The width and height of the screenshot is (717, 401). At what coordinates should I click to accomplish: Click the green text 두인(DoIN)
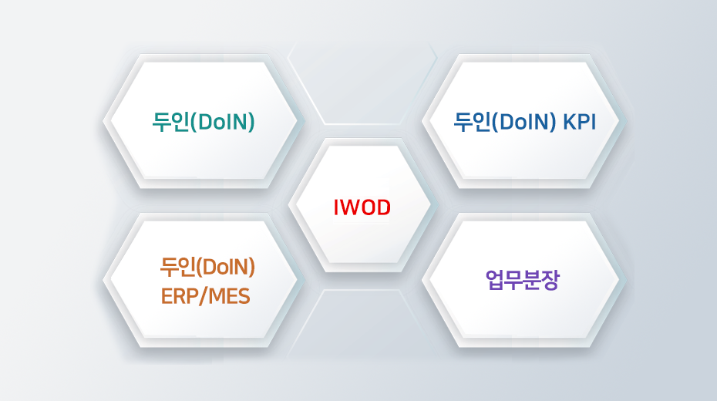(x=204, y=122)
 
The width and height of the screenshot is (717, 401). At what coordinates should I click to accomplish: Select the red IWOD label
(x=362, y=207)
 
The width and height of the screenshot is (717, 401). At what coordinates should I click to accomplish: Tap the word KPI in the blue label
(x=579, y=122)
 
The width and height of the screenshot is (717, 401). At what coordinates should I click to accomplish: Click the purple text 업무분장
(x=522, y=280)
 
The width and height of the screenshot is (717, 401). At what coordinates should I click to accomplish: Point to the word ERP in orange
(x=180, y=297)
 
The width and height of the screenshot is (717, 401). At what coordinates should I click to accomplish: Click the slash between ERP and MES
(x=204, y=297)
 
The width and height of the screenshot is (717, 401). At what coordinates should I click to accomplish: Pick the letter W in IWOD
(x=350, y=207)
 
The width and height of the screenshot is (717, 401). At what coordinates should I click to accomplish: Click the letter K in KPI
(x=570, y=122)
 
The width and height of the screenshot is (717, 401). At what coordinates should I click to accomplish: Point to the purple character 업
(x=495, y=280)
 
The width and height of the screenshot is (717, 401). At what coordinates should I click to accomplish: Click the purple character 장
(x=550, y=280)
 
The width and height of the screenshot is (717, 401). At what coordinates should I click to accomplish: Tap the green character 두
(x=161, y=122)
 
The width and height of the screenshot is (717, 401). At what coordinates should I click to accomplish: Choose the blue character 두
(x=463, y=122)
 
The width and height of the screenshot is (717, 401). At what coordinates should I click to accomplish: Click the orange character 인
(x=188, y=268)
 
